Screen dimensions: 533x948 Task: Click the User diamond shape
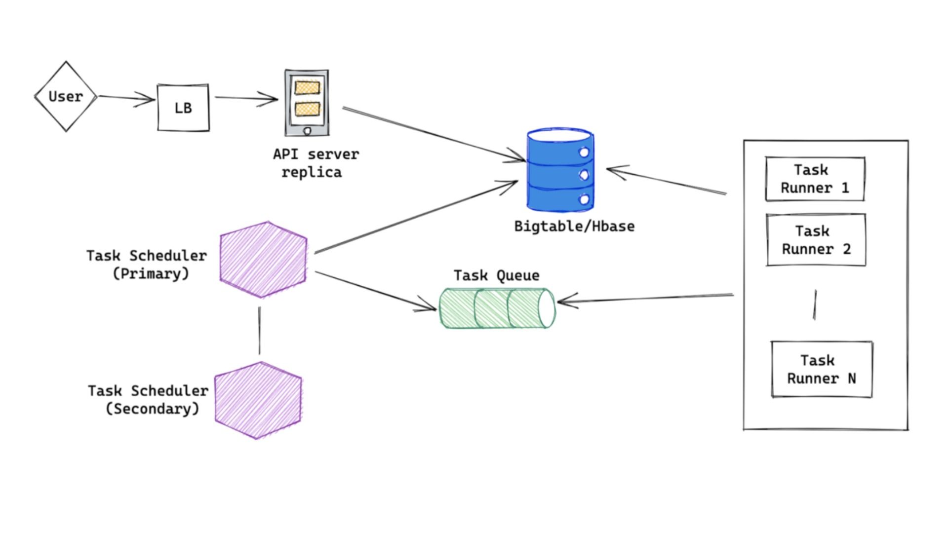pos(66,97)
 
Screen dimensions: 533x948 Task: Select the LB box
pos(183,108)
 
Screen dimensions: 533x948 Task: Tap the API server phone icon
pos(307,103)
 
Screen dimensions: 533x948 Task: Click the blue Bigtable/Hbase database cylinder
pos(560,170)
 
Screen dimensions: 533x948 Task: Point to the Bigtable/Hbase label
pos(574,227)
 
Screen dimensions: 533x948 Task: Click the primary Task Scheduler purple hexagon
pos(263,260)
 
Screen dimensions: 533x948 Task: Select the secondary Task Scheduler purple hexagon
pos(258,400)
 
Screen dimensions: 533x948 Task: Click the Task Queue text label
pos(496,275)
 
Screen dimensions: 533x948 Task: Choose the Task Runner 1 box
pos(815,179)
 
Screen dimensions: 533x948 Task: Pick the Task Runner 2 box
pos(816,240)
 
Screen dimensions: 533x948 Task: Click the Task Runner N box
pos(822,369)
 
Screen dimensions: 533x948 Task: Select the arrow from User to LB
pos(126,98)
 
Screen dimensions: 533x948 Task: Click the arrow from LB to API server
pos(246,98)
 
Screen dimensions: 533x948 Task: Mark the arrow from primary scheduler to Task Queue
pos(375,291)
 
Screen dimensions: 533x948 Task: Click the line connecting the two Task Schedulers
pos(259,330)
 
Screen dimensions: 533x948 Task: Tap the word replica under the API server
pos(312,173)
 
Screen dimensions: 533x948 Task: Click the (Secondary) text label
pos(153,409)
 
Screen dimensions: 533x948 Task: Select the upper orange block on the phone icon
pos(307,87)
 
